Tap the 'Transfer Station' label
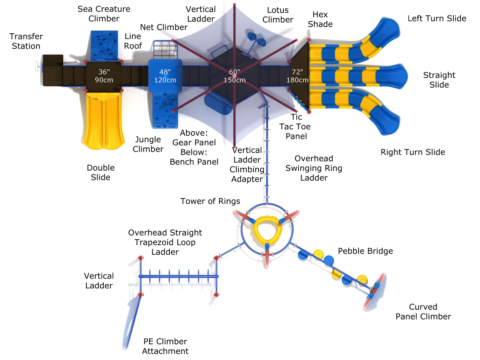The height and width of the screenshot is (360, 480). point(26,41)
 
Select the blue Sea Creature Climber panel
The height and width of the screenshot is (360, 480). point(104,45)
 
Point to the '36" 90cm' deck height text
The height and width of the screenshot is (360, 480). point(104,76)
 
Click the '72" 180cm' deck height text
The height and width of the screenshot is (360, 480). point(297,76)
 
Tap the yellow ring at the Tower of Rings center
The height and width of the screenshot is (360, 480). point(267,229)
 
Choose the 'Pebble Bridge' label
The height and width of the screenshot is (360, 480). point(365,251)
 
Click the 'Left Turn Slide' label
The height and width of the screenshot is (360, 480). point(437,18)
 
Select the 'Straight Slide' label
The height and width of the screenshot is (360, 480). point(439,80)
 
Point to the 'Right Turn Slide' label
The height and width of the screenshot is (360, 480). point(413,152)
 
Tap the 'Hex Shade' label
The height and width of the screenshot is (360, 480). point(320,19)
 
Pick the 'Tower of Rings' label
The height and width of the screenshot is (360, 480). point(210,201)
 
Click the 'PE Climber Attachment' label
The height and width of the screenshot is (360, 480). point(165,346)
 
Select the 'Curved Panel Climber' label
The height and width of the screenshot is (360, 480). point(423,312)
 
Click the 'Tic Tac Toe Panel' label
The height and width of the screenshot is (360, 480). point(295,127)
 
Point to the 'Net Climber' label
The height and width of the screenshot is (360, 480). point(163,27)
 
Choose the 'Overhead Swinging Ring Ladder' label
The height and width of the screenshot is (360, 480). point(314,168)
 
